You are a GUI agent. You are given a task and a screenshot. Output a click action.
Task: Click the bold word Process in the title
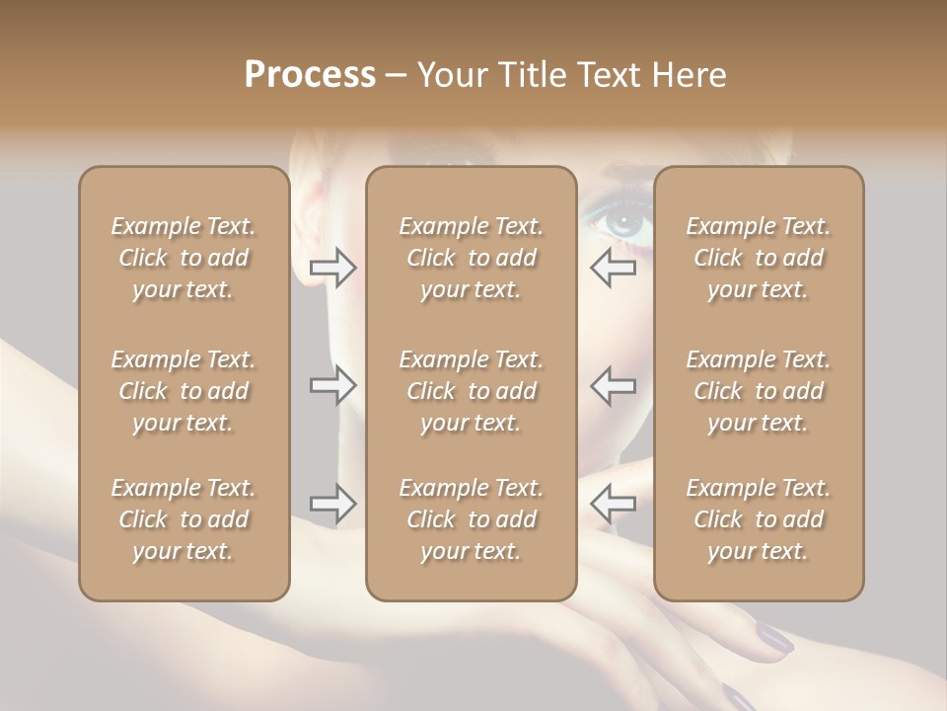310,75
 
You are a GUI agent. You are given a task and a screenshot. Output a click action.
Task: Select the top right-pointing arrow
333,268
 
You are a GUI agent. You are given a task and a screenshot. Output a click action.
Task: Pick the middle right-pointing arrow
333,384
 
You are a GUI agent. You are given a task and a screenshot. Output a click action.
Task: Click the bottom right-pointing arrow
333,504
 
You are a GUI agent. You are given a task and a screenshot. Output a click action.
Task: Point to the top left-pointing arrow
613,268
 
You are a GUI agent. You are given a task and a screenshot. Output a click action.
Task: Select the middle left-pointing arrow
613,384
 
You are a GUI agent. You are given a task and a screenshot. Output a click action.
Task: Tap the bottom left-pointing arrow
613,504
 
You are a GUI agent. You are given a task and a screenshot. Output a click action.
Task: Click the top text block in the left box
183,258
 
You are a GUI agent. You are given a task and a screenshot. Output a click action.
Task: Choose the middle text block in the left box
183,391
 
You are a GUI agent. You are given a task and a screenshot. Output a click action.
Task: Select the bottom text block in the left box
183,519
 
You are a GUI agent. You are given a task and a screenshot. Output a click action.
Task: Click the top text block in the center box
471,258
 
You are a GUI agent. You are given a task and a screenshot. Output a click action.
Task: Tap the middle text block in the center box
471,391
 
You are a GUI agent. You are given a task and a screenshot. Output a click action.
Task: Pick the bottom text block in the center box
471,519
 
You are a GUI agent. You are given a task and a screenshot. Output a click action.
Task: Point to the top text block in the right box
759,258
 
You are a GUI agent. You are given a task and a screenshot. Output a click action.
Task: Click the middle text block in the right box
759,391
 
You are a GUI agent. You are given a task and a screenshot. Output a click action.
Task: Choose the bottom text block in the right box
759,519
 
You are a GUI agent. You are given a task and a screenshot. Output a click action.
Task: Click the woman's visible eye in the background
621,222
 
